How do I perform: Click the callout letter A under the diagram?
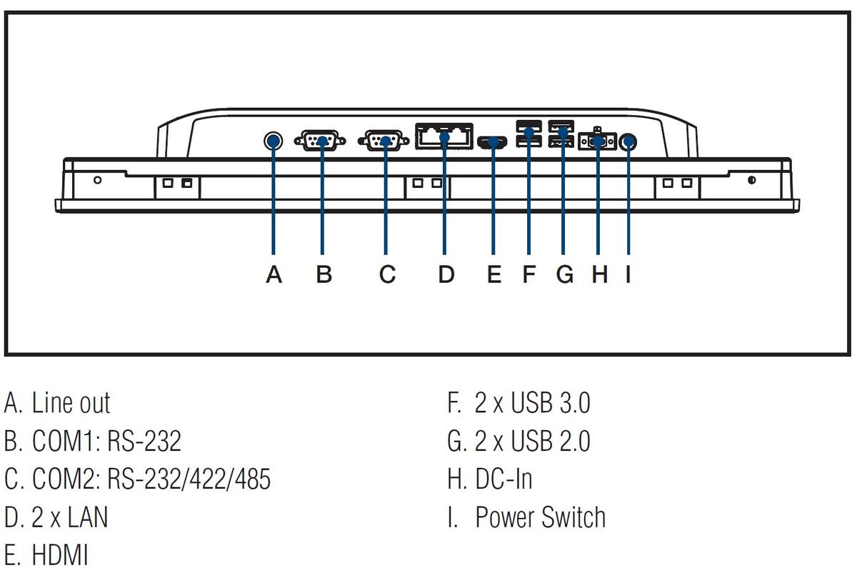274,274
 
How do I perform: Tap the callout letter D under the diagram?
446,274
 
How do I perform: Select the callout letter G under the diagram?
565,274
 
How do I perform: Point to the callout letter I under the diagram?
628,274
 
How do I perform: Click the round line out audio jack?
273,141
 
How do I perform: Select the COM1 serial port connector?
320,141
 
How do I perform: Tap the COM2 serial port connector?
384,141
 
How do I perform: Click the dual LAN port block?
444,136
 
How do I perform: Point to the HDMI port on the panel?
492,142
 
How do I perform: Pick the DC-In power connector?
597,141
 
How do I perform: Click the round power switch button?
628,141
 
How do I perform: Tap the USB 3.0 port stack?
528,134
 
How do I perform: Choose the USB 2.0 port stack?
561,134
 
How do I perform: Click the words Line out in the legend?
71,403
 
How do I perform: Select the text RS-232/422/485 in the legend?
189,479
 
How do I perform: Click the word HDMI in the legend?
60,555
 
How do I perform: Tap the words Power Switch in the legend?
540,517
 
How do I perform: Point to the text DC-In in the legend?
503,479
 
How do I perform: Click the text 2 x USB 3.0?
533,403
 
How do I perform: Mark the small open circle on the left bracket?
98,179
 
